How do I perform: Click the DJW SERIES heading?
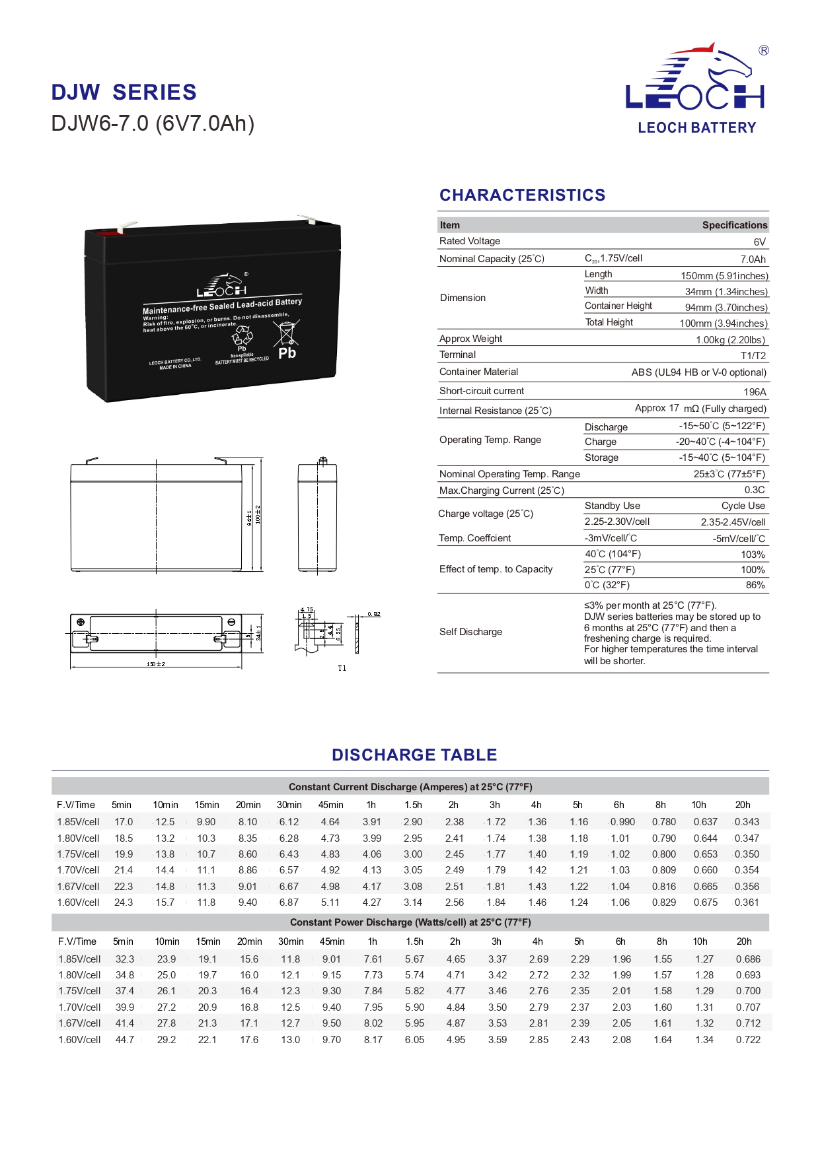point(124,92)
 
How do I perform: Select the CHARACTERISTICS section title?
point(522,195)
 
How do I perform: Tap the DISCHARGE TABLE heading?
point(414,755)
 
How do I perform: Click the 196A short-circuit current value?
point(755,392)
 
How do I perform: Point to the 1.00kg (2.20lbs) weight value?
point(730,340)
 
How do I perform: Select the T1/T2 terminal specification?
point(753,356)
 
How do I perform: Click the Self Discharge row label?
point(470,632)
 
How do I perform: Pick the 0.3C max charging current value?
point(755,490)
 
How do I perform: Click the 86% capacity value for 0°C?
point(755,585)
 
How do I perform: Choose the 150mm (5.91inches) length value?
point(724,276)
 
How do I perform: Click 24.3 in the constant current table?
point(124,903)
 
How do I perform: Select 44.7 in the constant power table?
point(125,1040)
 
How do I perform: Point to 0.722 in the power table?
point(748,1040)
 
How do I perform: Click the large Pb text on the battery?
point(287,353)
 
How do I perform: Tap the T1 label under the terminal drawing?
point(342,668)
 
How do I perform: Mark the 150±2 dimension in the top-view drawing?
point(156,664)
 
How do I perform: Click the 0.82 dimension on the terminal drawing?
point(374,614)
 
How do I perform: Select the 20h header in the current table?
point(743,805)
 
